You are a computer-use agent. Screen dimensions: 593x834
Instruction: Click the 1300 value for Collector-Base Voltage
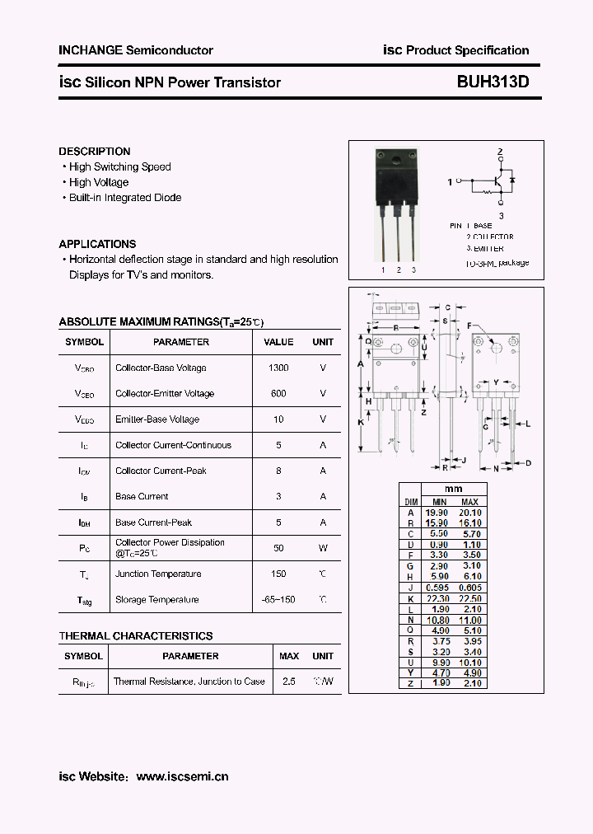pos(278,368)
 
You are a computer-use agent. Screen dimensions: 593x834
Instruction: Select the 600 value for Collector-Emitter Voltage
pos(278,393)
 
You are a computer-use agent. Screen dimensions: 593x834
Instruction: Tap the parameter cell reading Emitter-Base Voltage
pos(157,419)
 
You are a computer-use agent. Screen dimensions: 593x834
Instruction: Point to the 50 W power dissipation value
pos(278,547)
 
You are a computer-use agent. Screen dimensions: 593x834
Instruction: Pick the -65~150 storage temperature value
pos(278,599)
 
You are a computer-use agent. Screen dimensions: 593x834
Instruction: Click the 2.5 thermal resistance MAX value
pos(289,682)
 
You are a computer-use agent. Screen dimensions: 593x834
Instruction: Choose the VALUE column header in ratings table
pos(278,342)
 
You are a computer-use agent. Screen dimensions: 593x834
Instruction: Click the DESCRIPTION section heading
pos(95,152)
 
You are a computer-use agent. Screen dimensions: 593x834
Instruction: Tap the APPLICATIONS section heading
pos(97,244)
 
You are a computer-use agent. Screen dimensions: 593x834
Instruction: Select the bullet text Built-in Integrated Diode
pos(125,198)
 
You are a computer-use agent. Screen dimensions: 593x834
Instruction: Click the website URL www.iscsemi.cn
pos(182,776)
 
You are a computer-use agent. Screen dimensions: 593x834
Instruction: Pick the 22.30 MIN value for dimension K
pos(439,598)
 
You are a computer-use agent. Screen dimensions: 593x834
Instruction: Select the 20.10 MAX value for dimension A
pos(469,513)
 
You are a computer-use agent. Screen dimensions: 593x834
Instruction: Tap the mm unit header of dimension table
pos(453,490)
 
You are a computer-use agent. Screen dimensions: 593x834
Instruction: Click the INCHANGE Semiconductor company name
pos(136,50)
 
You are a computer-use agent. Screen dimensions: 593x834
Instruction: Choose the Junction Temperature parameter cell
pos(158,574)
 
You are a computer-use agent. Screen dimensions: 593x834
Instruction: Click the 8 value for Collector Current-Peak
pos(278,471)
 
